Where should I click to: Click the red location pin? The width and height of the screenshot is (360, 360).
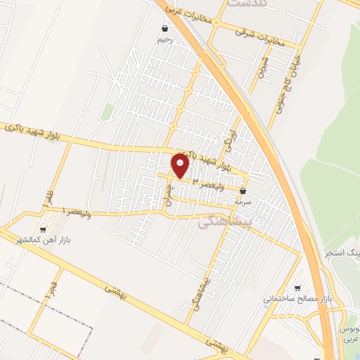click(x=181, y=167)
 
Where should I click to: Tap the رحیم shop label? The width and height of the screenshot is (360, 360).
click(x=163, y=40)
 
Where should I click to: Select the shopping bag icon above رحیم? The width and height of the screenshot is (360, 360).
click(x=164, y=29)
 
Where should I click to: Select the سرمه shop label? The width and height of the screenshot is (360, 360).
click(x=243, y=201)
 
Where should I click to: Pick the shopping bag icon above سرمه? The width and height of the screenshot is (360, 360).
click(x=243, y=191)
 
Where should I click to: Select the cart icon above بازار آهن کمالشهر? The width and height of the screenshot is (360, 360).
click(x=44, y=229)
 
